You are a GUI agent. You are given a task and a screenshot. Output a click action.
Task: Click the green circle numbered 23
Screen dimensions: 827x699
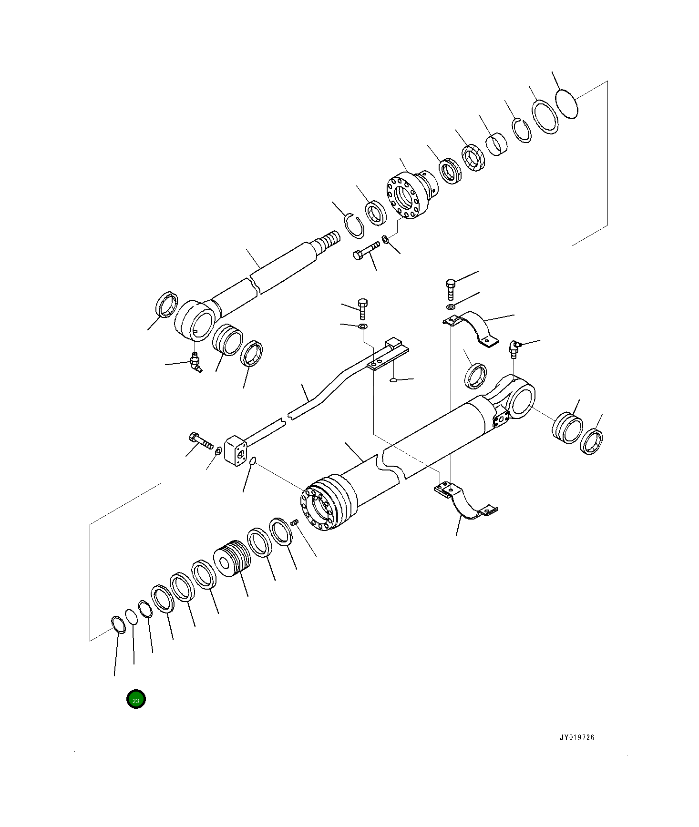136,699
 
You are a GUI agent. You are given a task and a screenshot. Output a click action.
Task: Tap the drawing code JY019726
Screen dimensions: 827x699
577,737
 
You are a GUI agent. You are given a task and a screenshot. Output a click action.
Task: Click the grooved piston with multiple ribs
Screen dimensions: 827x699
234,558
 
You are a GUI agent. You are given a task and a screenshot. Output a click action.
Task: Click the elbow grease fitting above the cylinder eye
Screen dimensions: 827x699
514,348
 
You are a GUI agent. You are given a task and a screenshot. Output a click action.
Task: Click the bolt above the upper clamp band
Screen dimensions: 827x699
451,288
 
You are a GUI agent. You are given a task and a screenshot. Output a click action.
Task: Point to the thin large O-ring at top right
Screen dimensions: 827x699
567,103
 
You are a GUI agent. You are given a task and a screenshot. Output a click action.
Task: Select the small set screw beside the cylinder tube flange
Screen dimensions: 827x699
294,523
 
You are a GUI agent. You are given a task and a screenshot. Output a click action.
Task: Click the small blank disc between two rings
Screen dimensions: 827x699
131,616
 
